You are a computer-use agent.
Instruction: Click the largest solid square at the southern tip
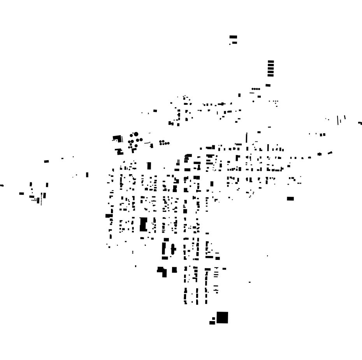[222, 318]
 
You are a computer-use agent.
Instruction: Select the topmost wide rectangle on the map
[233, 37]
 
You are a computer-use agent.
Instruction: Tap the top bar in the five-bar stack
[271, 62]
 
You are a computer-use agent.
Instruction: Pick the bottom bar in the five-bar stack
[271, 74]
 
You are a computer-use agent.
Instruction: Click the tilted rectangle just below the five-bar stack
[268, 85]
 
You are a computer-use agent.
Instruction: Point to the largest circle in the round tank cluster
[136, 134]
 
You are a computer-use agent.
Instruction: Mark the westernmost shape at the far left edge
[2, 185]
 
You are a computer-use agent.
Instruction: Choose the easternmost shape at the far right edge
[360, 123]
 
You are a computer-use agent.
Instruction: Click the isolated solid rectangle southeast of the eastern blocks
[290, 199]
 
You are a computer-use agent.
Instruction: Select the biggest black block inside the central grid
[143, 225]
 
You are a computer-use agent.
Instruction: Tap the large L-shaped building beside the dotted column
[117, 138]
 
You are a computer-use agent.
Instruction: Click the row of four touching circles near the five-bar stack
[256, 89]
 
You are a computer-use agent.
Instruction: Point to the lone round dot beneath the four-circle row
[253, 101]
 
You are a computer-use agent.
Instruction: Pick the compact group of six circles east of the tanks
[164, 143]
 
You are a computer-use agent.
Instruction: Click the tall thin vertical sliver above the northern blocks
[246, 138]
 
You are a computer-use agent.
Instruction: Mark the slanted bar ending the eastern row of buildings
[330, 153]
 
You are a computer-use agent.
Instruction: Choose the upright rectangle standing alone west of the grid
[87, 175]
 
